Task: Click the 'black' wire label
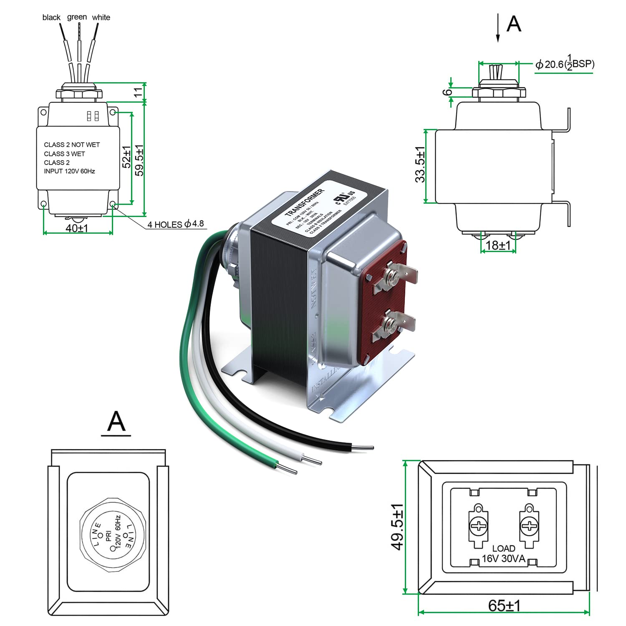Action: tap(51, 18)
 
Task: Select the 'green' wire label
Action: tap(77, 17)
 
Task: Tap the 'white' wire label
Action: tap(101, 18)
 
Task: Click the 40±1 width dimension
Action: tap(77, 228)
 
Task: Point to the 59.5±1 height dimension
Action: tap(139, 160)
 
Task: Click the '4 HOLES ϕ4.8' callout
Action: tap(175, 224)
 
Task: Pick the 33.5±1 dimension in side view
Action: tap(420, 164)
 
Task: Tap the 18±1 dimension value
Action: tap(498, 245)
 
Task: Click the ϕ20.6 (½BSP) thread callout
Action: tap(565, 64)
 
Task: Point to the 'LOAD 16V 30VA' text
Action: tap(503, 553)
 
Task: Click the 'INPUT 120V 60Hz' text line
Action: tap(69, 171)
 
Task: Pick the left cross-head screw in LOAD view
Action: tap(477, 526)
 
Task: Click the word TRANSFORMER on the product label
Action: tap(304, 202)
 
